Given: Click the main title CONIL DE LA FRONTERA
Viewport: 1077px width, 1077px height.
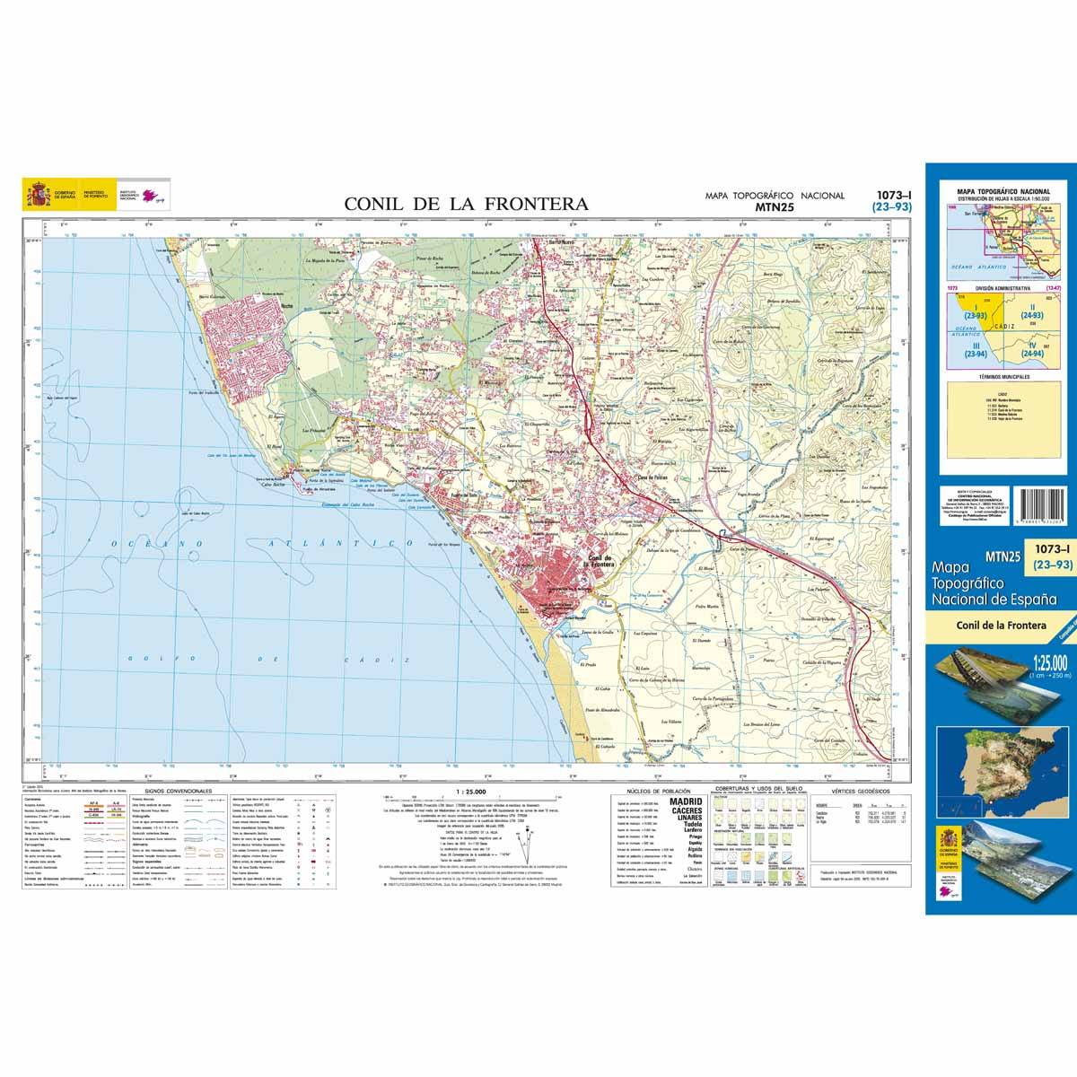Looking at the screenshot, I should [467, 204].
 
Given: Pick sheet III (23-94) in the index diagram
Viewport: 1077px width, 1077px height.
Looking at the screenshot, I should [971, 350].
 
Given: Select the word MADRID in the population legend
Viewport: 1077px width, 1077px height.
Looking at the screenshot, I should [687, 801].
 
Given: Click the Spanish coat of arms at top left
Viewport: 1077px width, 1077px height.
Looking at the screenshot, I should [38, 194].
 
